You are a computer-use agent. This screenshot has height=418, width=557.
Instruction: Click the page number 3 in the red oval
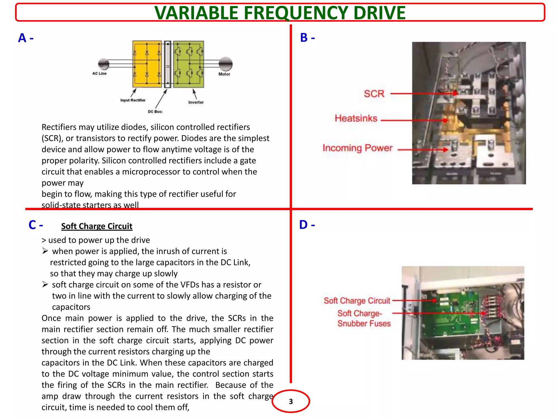[291, 401]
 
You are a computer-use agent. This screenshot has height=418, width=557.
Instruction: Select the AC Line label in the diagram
[99, 73]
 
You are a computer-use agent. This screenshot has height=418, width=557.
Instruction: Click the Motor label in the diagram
[224, 74]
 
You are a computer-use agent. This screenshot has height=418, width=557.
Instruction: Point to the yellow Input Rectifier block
[147, 64]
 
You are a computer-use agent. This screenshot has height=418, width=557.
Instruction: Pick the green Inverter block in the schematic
[188, 64]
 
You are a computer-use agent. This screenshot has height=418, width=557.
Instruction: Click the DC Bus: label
[155, 112]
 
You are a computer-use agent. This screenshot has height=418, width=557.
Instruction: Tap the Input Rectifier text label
[133, 100]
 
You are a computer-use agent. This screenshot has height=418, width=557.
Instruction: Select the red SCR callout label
[374, 94]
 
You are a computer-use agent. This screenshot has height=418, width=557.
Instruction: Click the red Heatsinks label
[356, 118]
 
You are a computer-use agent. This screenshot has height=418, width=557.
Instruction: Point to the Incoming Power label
[357, 148]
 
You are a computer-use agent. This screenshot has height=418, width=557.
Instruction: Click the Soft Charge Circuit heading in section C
[97, 226]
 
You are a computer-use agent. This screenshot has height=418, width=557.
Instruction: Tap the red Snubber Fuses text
[364, 324]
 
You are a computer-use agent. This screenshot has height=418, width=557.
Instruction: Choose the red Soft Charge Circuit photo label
[357, 301]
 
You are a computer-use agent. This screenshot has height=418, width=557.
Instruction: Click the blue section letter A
[22, 38]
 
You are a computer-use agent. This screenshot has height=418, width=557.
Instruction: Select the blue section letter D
[304, 225]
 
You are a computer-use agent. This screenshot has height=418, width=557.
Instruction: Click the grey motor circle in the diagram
[225, 64]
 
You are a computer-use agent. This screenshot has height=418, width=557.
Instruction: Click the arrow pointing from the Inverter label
[194, 94]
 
